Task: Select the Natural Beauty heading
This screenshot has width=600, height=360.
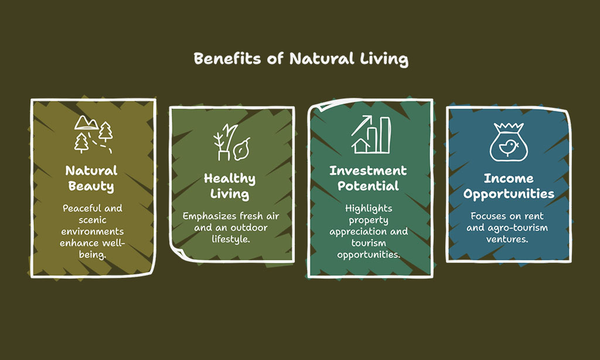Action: [91, 178]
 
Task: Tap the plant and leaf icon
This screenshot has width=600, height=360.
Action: [232, 142]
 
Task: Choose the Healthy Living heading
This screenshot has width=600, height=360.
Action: [230, 186]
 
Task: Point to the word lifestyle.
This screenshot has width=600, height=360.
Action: [231, 239]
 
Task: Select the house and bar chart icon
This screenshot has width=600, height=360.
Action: [371, 134]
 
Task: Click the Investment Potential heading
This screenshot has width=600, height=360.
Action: [368, 178]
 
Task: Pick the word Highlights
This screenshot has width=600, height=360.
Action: [369, 209]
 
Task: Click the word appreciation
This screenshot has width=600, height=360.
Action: [353, 232]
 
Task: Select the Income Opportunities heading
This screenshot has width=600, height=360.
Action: [509, 186]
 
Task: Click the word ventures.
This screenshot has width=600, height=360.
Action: [507, 239]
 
